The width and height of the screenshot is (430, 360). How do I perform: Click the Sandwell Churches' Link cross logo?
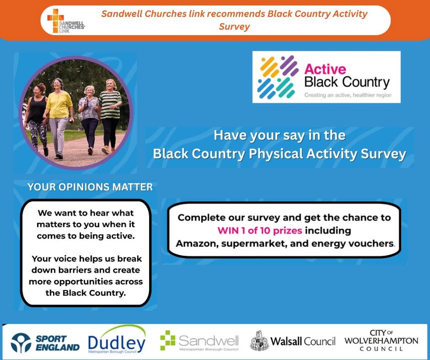click(x=56, y=20)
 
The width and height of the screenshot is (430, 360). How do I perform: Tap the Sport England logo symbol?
click(x=21, y=342)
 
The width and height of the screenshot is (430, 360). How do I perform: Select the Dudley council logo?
click(x=117, y=339)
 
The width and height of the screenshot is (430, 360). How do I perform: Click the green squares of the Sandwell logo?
click(x=168, y=340)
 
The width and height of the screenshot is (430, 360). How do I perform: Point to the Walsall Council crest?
click(x=259, y=340)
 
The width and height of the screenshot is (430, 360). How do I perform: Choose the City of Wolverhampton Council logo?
click(x=381, y=340)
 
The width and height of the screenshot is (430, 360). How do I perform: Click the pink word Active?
click(x=325, y=69)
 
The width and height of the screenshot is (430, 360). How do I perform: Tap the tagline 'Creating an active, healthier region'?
click(x=348, y=95)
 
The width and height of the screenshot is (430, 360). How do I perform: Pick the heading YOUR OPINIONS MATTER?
click(x=90, y=187)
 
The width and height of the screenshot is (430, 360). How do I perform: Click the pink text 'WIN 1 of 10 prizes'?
click(x=260, y=230)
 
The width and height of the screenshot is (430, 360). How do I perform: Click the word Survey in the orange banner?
click(x=234, y=27)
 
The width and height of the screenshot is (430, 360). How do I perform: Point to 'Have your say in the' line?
click(x=279, y=135)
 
